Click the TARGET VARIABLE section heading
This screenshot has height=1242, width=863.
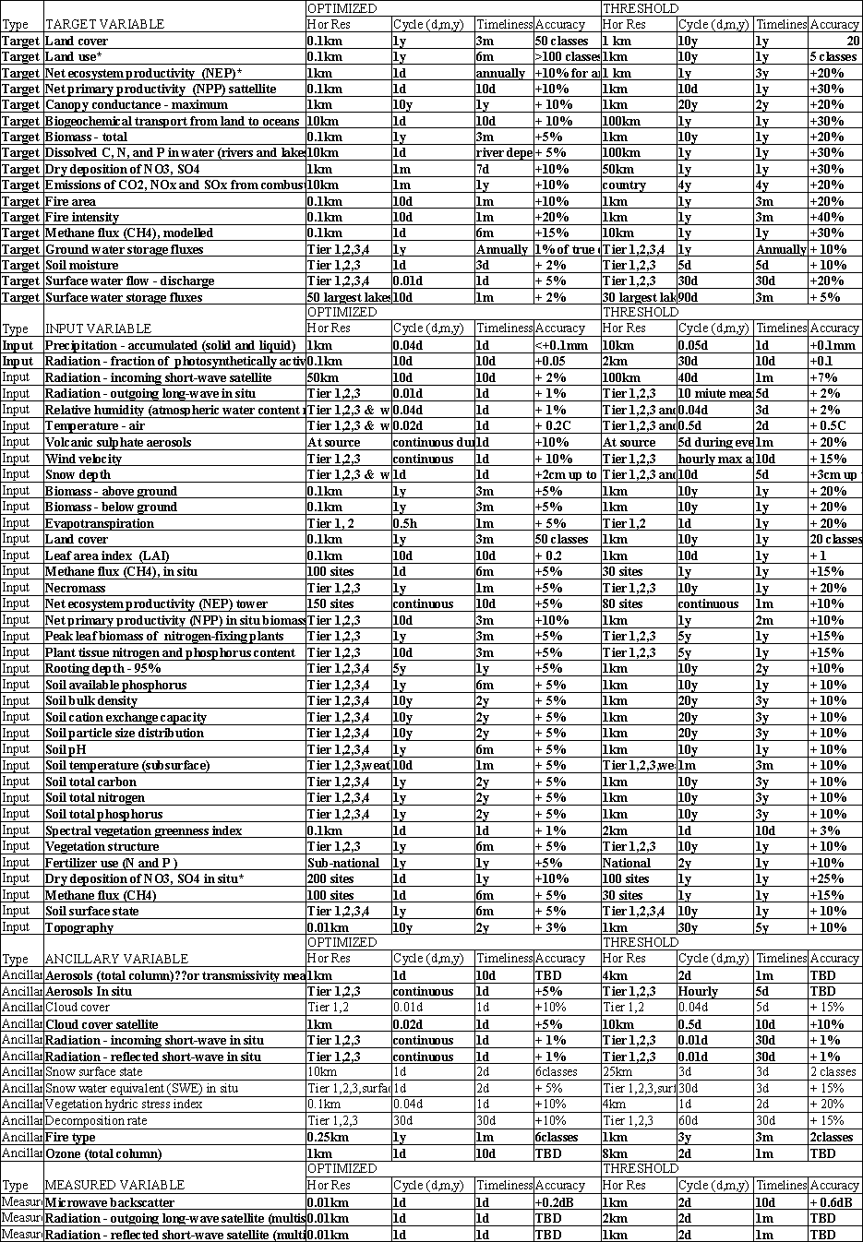[98, 25]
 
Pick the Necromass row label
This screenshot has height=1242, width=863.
[76, 588]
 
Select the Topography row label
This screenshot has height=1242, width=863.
[79, 927]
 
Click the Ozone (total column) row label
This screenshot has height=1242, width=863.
[103, 1153]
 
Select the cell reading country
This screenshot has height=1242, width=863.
[624, 185]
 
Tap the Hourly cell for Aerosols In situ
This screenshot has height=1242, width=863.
[698, 992]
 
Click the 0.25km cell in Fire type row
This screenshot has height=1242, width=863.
[327, 1137]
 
